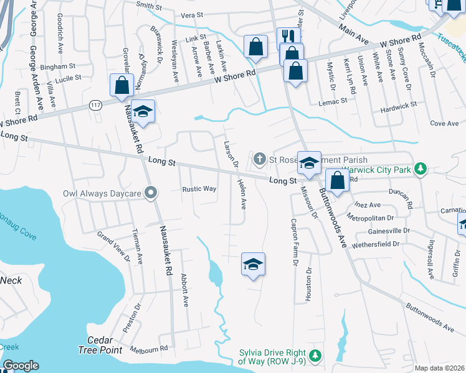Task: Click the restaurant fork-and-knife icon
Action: (x=287, y=37)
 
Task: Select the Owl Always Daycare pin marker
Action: (x=150, y=193)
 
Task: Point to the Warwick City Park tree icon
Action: (x=421, y=168)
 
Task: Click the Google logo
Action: (x=21, y=366)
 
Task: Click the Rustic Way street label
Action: (x=199, y=189)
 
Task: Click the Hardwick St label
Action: (x=399, y=106)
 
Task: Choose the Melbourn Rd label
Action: (x=150, y=349)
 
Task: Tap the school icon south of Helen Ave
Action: (x=253, y=265)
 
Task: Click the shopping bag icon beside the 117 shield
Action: (x=121, y=85)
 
